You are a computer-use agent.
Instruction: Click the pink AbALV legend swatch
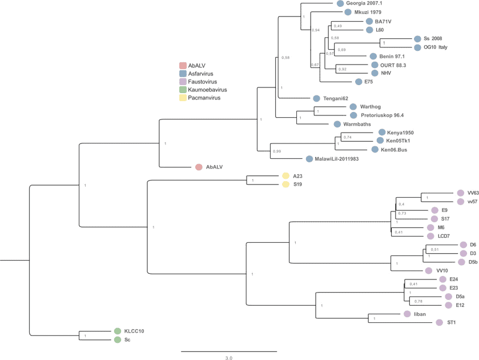pos(183,66)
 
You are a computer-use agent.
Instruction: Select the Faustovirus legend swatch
pos(183,82)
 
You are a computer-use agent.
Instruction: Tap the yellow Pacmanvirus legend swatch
pos(183,98)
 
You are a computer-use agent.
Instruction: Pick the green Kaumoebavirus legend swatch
pos(183,90)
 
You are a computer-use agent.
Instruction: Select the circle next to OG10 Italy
pos(417,47)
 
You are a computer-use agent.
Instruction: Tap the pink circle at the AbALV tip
pos(199,167)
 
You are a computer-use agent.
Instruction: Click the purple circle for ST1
pos(439,322)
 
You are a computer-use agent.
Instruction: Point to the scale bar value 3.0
pos(228,358)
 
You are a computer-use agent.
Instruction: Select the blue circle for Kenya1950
pos(382,133)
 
